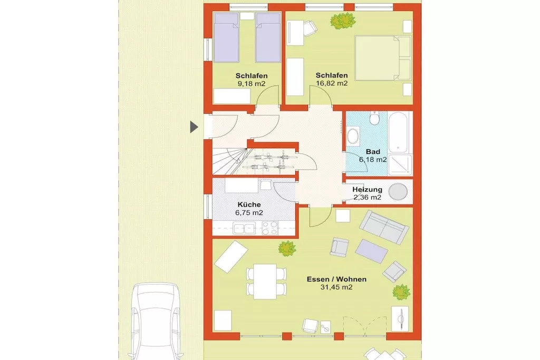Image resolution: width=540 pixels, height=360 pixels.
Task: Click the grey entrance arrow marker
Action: (194, 127)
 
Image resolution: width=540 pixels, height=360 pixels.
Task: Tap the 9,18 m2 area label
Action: (252, 84)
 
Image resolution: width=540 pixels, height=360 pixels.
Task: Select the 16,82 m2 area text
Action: (332, 83)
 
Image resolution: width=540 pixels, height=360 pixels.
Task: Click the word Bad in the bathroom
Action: (373, 151)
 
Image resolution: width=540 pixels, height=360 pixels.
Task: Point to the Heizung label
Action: (367, 189)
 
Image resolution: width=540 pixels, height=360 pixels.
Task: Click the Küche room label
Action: (249, 205)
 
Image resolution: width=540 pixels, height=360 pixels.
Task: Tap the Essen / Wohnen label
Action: (336, 279)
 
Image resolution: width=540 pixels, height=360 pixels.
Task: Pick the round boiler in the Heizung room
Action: (398, 192)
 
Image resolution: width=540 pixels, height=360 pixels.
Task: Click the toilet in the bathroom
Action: (374, 118)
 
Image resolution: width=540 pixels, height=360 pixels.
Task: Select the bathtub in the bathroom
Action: (400, 132)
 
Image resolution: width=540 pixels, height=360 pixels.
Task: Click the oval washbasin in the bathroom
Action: (353, 136)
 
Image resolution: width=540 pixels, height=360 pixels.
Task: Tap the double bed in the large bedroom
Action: (383, 58)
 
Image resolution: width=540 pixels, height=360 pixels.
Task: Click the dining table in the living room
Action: (265, 281)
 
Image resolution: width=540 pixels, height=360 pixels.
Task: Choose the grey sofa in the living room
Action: (384, 227)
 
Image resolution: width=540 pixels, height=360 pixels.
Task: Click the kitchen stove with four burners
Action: (269, 228)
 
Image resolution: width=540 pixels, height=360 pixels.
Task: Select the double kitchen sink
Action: (244, 228)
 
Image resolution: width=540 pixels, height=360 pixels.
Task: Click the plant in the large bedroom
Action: (342, 21)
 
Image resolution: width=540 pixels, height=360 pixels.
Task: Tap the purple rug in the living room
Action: (372, 251)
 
